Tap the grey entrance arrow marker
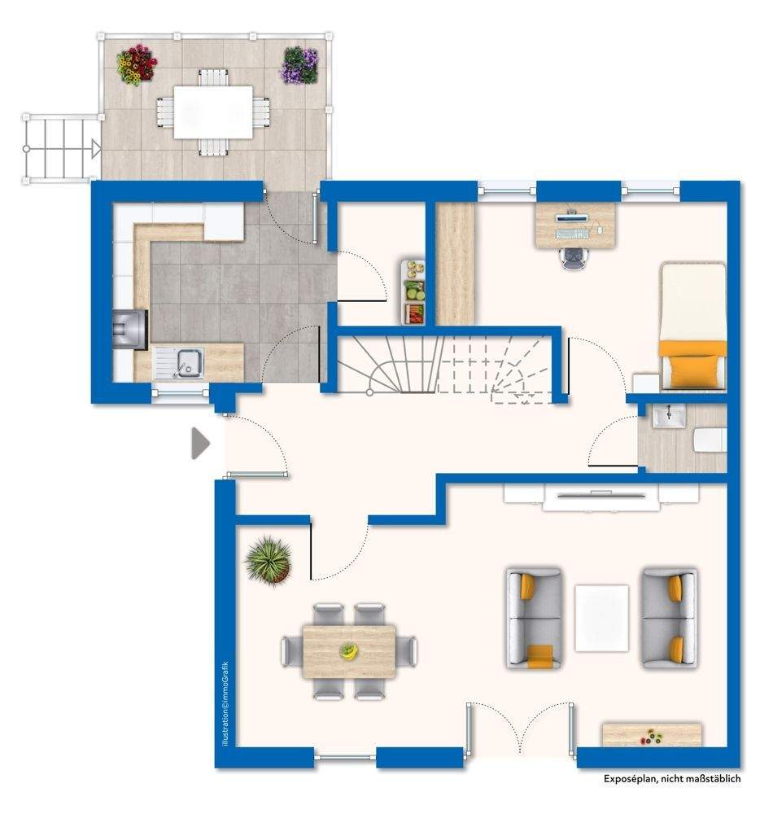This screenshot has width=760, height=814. pyautogui.click(x=200, y=444)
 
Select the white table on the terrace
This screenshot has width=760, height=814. pyautogui.click(x=213, y=112)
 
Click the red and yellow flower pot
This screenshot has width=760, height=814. pyautogui.click(x=137, y=65)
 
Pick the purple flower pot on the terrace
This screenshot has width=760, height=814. pyautogui.click(x=299, y=65)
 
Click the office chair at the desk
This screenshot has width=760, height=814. pyautogui.click(x=572, y=258)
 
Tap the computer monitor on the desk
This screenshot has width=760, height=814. pyautogui.click(x=573, y=217)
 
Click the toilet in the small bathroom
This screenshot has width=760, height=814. pyautogui.click(x=710, y=440)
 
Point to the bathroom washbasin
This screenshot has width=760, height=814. pyautogui.click(x=669, y=416)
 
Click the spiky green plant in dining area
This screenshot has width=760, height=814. pyautogui.click(x=269, y=560)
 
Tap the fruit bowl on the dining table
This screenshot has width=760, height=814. pyautogui.click(x=349, y=650)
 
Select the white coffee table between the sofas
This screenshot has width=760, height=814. pyautogui.click(x=602, y=618)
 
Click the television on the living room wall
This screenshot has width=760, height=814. pyautogui.click(x=601, y=495)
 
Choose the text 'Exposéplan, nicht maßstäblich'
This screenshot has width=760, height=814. pyautogui.click(x=672, y=778)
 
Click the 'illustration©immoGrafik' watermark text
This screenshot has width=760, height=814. pyautogui.click(x=225, y=703)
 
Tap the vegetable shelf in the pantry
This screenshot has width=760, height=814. pyautogui.click(x=413, y=292)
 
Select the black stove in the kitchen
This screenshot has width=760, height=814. pyautogui.click(x=130, y=329)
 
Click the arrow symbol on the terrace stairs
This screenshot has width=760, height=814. pyautogui.click(x=96, y=149)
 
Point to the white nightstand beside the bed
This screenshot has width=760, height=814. pyautogui.click(x=646, y=383)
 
